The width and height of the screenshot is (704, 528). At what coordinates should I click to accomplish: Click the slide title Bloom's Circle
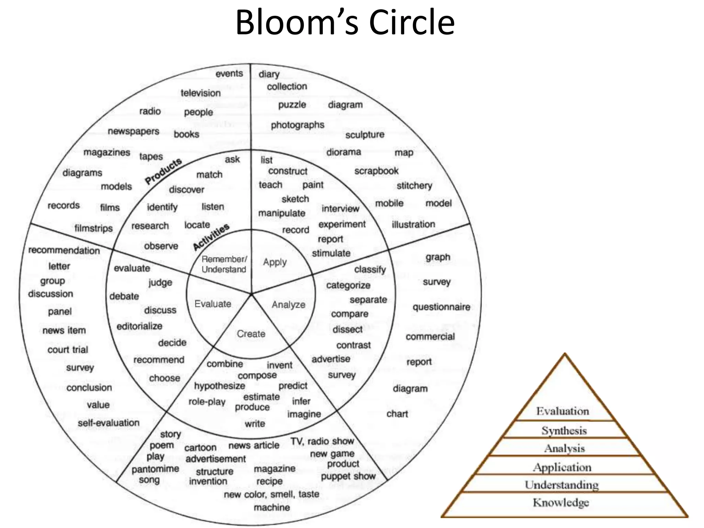point(345,22)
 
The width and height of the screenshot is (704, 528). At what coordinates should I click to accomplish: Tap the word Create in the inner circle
point(251,334)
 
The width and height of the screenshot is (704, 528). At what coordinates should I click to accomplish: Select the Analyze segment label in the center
point(288,305)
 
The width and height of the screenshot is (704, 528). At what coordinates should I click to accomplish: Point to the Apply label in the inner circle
point(275,262)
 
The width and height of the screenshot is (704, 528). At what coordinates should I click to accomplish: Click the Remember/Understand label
point(224,264)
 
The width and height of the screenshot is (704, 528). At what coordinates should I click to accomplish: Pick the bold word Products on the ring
point(163,171)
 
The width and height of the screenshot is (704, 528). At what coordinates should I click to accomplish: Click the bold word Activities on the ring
point(211,237)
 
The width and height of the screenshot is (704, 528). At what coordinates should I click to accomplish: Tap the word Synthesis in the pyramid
point(564,431)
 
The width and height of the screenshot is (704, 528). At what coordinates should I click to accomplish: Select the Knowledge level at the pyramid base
point(561,503)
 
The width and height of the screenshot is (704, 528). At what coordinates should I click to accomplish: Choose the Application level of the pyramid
point(562,467)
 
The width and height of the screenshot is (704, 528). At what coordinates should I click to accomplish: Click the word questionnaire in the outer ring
point(441,307)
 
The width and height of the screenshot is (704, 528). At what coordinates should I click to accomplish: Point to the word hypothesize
point(219,386)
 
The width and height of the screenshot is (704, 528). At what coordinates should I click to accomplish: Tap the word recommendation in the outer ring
point(64,250)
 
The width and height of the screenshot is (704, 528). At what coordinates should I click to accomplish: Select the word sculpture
point(365,135)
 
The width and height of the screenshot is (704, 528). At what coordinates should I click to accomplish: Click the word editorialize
point(139,326)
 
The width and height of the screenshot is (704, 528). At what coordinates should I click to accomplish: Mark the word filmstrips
point(93,228)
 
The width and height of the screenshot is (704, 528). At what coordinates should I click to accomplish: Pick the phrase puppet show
point(348,476)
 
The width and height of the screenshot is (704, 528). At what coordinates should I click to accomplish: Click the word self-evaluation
point(108,423)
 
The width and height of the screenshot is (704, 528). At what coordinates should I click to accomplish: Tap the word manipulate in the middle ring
point(282,213)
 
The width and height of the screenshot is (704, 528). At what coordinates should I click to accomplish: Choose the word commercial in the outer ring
point(430,337)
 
